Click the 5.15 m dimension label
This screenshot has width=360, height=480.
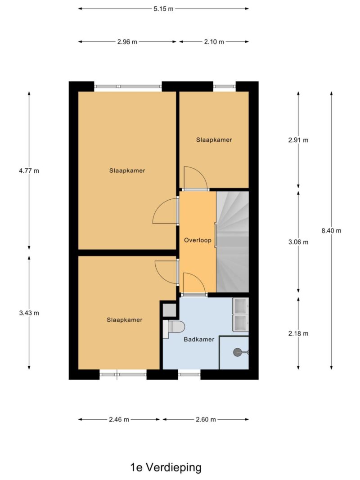(x=163, y=9)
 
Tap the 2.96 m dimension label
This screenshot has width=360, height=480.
(x=127, y=42)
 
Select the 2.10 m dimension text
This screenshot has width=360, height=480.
(x=214, y=42)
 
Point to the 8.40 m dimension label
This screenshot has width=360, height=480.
(x=331, y=230)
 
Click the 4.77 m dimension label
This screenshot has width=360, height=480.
(x=29, y=170)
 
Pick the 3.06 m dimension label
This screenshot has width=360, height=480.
(x=298, y=242)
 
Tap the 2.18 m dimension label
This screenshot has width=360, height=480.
(x=298, y=333)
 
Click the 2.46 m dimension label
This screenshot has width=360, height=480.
(x=119, y=419)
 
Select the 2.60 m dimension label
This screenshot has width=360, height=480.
(x=206, y=419)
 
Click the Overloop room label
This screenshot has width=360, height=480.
(x=198, y=240)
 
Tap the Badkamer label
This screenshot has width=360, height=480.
(x=199, y=339)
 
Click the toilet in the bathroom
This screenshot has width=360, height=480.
(x=174, y=329)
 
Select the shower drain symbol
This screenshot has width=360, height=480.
(x=238, y=352)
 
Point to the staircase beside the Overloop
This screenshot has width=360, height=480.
(x=232, y=242)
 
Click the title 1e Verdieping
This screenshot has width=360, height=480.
(x=166, y=467)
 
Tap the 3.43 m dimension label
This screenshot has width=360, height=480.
(x=29, y=313)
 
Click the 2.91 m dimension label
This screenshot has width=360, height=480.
(x=298, y=140)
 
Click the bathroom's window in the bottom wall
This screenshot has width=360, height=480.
(x=189, y=374)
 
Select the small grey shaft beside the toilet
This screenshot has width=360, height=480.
(x=169, y=310)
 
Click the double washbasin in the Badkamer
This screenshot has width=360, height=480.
(x=240, y=314)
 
